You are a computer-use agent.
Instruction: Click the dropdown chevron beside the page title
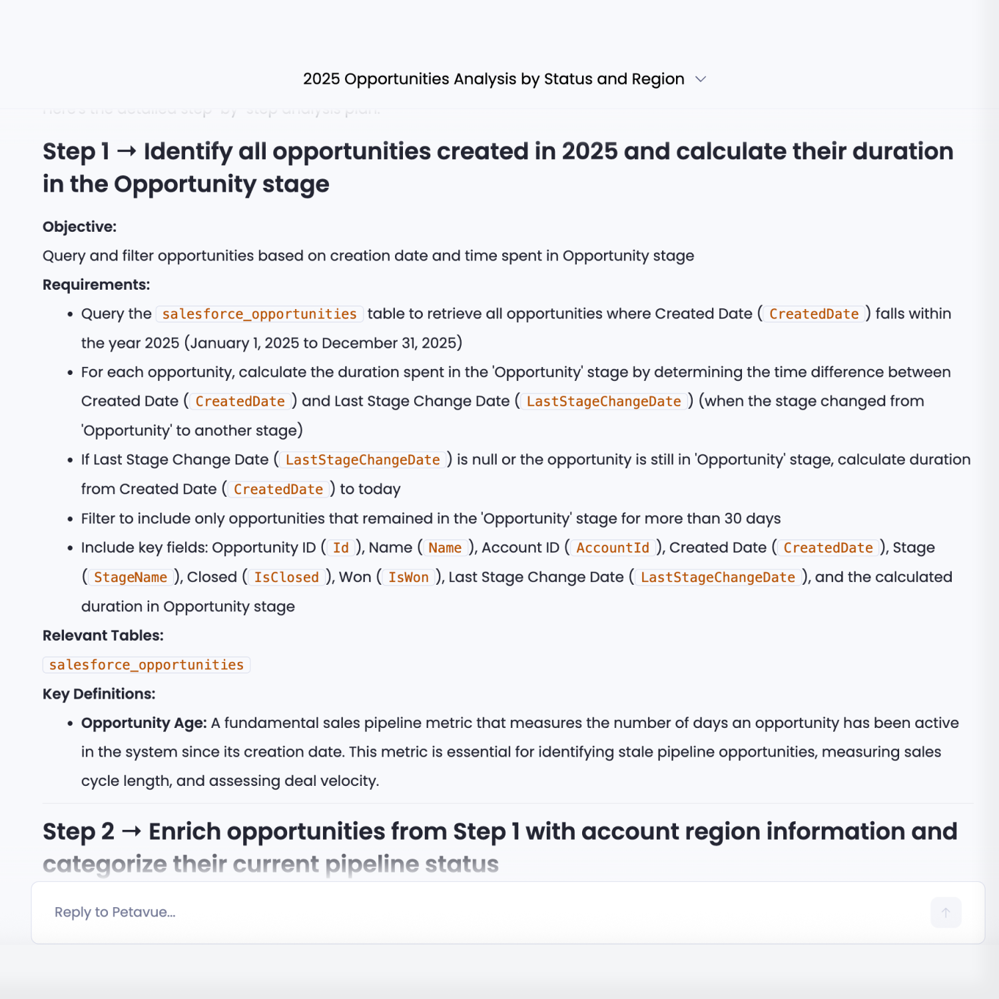701,79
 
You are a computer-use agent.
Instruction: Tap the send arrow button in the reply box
946,912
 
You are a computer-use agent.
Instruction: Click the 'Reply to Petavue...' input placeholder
115,912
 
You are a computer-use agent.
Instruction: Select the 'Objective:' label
79,226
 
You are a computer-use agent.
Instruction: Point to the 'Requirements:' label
96,284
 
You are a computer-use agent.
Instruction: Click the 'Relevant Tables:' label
103,635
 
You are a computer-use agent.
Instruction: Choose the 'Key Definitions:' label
99,694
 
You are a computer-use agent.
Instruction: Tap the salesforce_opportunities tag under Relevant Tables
147,665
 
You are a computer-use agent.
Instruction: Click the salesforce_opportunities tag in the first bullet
260,314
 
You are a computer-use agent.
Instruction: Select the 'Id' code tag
341,547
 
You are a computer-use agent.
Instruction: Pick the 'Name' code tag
445,547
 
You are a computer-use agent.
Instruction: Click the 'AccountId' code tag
613,547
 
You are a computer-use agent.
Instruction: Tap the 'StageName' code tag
131,577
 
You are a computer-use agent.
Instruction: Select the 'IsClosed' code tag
286,577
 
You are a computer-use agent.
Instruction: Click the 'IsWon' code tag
408,577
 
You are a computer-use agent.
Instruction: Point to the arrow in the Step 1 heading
127,152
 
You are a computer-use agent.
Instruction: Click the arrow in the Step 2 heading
131,832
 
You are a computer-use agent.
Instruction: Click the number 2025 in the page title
321,79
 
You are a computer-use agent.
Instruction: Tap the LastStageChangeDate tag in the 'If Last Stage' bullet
363,460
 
